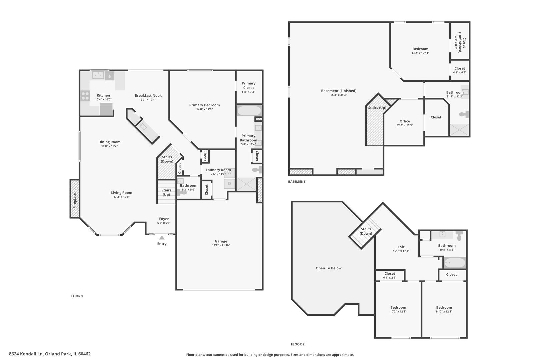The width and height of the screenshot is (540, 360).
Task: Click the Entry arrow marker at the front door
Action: click(162, 238)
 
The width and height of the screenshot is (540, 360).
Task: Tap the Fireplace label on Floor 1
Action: click(75, 200)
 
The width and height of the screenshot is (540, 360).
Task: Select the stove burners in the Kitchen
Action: click(85, 96)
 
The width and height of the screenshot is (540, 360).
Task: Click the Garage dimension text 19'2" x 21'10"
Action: click(221, 245)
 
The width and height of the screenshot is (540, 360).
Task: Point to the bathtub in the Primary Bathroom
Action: click(249, 111)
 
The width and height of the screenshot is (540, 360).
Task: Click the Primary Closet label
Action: click(249, 85)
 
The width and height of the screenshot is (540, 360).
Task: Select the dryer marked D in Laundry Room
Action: click(229, 183)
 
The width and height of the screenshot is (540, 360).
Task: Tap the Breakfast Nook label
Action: click(148, 95)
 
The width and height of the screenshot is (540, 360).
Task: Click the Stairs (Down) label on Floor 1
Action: click(167, 159)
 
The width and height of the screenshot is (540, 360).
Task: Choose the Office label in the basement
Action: click(405, 121)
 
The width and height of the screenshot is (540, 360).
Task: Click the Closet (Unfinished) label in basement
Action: click(462, 43)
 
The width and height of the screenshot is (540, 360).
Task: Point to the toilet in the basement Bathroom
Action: click(464, 114)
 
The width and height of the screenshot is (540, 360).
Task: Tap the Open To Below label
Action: click(328, 268)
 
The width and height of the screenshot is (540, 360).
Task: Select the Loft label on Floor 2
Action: click(401, 247)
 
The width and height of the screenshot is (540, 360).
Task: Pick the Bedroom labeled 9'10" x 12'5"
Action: click(444, 308)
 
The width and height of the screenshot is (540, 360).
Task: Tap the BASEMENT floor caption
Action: click(297, 182)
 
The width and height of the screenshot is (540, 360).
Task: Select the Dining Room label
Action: click(109, 142)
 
